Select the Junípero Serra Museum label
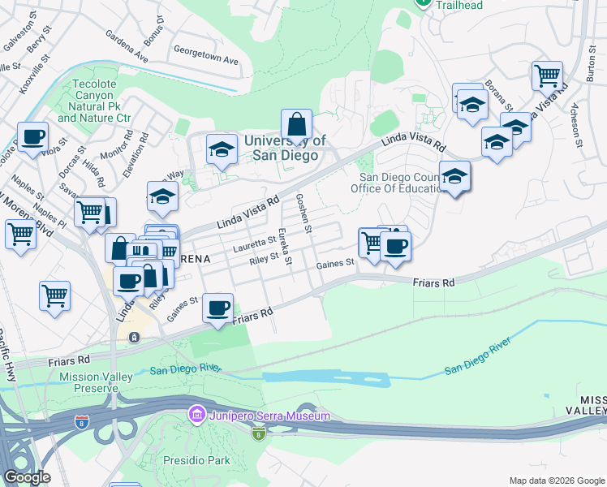(x=270, y=416)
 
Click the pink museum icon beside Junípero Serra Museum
(x=196, y=416)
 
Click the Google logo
(x=27, y=477)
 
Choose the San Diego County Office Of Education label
(x=398, y=183)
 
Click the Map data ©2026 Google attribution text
(x=557, y=480)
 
